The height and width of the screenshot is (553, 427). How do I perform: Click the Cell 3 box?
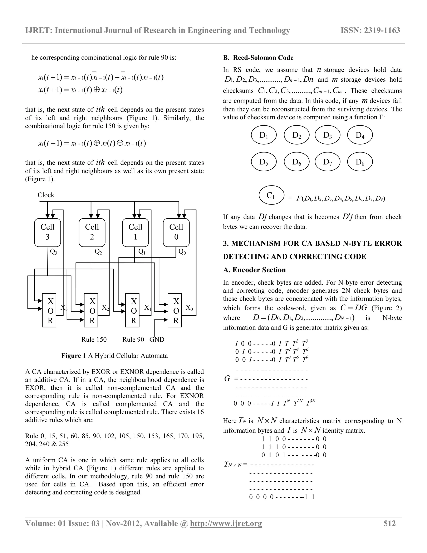click(x=48, y=232)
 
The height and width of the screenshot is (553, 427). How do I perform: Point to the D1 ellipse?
click(x=264, y=135)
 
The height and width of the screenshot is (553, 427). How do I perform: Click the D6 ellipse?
click(x=296, y=162)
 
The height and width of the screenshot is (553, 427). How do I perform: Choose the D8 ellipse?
click(x=360, y=162)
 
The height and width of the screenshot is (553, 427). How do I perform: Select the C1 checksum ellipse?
click(x=271, y=195)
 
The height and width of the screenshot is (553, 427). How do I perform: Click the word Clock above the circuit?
click(x=46, y=195)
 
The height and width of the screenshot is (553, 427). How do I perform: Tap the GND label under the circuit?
click(x=157, y=339)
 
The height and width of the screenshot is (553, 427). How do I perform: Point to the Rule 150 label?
click(x=94, y=339)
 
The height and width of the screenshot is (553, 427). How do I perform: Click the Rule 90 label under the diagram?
click(x=133, y=339)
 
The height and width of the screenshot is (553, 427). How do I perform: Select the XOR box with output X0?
click(x=175, y=311)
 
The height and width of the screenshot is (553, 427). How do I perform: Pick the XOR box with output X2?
click(x=91, y=311)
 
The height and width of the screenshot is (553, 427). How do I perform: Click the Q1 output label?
click(x=142, y=252)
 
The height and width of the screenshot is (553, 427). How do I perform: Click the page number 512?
click(x=389, y=523)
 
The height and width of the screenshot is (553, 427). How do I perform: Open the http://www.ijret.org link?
click(x=226, y=524)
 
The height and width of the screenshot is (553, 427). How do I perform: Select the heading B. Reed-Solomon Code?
click(x=258, y=58)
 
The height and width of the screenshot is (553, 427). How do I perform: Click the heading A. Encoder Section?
click(x=254, y=270)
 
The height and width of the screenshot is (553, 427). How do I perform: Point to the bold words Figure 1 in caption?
click(x=74, y=356)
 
